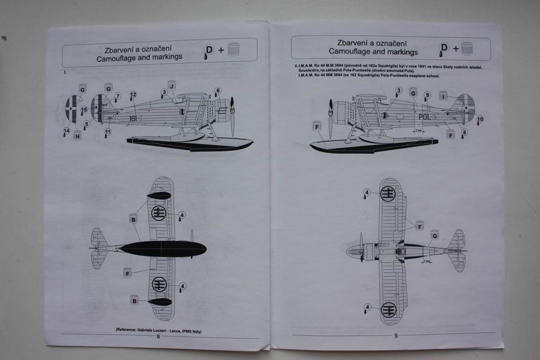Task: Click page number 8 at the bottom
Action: [x=158, y=337]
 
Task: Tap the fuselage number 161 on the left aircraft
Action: [x=133, y=118]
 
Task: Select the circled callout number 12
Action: [x=133, y=95]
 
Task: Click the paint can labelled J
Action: [x=171, y=84]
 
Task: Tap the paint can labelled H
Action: [x=78, y=136]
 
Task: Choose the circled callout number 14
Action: [x=67, y=131]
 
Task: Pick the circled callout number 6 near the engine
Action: [x=218, y=91]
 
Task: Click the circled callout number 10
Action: [x=480, y=119]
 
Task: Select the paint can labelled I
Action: [x=443, y=95]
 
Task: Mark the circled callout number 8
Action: [x=464, y=132]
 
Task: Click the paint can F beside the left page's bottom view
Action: [x=128, y=273]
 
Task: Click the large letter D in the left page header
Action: [x=209, y=50]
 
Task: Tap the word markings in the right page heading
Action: [x=402, y=52]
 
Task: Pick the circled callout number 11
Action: [x=108, y=131]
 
